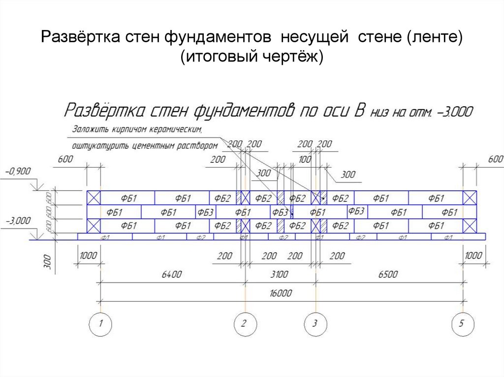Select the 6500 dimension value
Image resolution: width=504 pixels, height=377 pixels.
(388, 274)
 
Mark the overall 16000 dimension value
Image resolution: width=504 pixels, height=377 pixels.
(281, 293)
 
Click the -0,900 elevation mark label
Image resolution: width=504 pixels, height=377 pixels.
(18, 171)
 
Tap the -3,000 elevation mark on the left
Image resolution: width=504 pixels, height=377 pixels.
(18, 220)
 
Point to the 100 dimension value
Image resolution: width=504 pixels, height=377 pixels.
(305, 160)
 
